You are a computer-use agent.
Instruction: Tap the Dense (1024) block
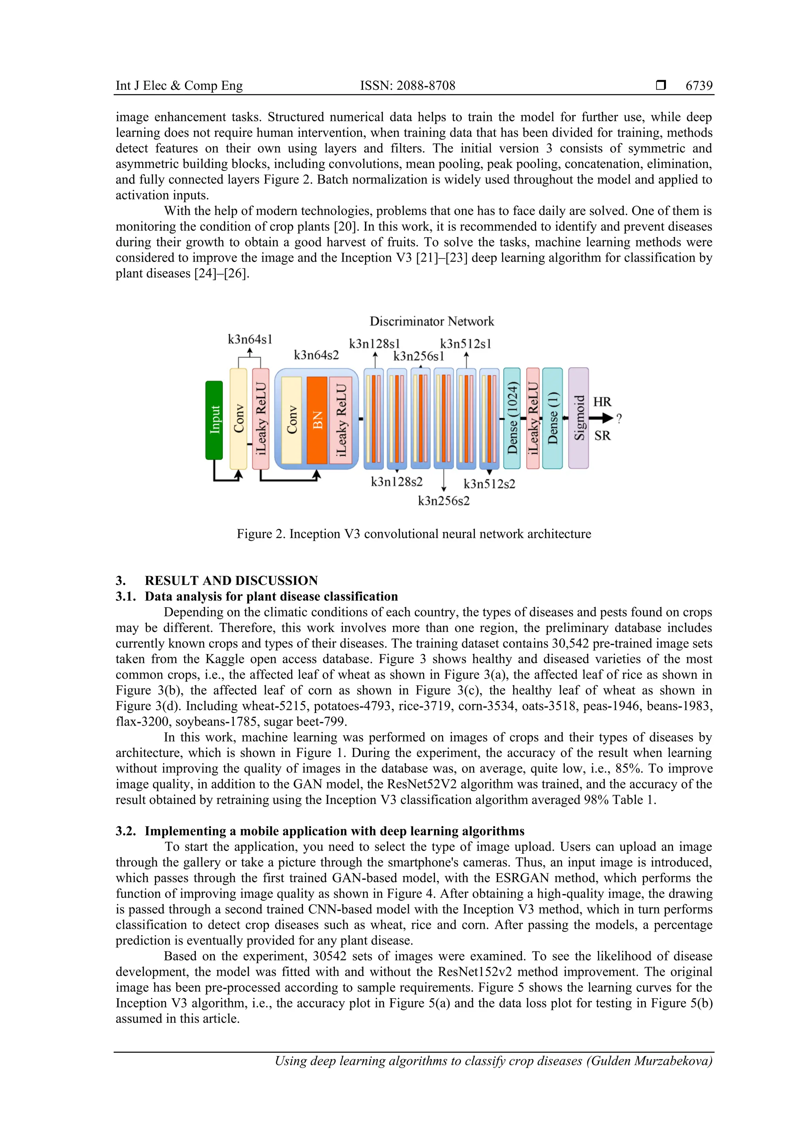pyautogui.click(x=512, y=418)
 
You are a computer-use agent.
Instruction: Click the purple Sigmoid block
pyautogui.click(x=578, y=418)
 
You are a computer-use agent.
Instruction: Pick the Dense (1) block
pyautogui.click(x=552, y=418)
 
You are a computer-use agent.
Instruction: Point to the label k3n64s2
pyautogui.click(x=316, y=355)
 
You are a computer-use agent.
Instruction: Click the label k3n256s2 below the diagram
pyautogui.click(x=444, y=501)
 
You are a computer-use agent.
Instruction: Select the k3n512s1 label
pyautogui.click(x=466, y=343)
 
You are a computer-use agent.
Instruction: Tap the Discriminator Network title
pyautogui.click(x=432, y=321)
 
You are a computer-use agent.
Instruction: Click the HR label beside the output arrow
pyautogui.click(x=602, y=402)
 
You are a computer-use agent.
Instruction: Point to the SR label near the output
pyautogui.click(x=602, y=436)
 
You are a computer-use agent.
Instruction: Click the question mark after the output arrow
pyautogui.click(x=619, y=419)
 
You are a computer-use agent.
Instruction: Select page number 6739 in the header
pyautogui.click(x=699, y=86)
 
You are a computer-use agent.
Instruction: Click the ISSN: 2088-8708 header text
pyautogui.click(x=407, y=86)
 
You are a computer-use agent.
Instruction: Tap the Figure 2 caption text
pyautogui.click(x=414, y=534)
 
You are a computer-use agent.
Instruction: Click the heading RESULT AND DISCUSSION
pyautogui.click(x=231, y=581)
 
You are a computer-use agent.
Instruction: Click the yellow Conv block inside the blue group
pyautogui.click(x=292, y=420)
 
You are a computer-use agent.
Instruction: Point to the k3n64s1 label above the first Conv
pyautogui.click(x=250, y=340)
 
